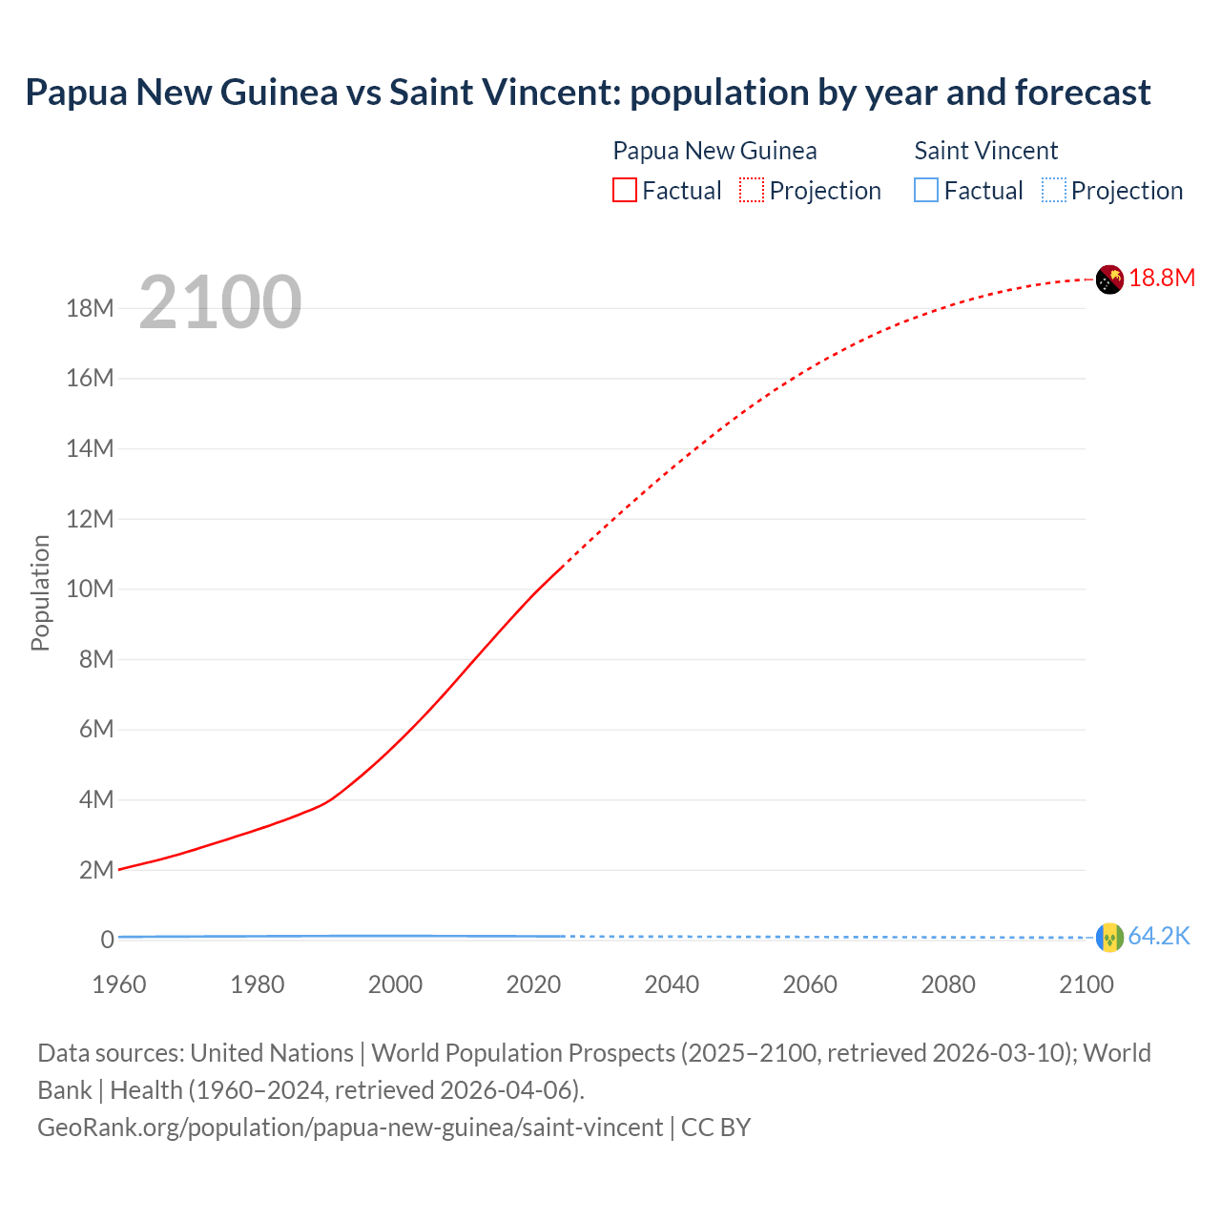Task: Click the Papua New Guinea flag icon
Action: click(1109, 279)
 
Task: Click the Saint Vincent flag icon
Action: click(1109, 937)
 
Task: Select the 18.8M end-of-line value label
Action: click(1162, 278)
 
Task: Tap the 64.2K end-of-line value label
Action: click(1159, 936)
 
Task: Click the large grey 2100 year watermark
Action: click(220, 302)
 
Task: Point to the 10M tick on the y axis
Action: click(90, 589)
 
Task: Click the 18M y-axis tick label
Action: click(90, 308)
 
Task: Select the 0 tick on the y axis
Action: click(107, 940)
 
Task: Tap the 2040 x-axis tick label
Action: click(672, 984)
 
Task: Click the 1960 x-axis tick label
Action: click(119, 984)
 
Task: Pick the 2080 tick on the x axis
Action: click(948, 984)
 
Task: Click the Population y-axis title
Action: click(40, 592)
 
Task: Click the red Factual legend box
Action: click(625, 191)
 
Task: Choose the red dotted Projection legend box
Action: click(752, 191)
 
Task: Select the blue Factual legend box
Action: click(926, 191)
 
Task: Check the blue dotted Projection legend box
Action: click(1053, 191)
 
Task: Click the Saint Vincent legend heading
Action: click(985, 151)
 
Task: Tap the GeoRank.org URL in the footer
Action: click(350, 1128)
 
